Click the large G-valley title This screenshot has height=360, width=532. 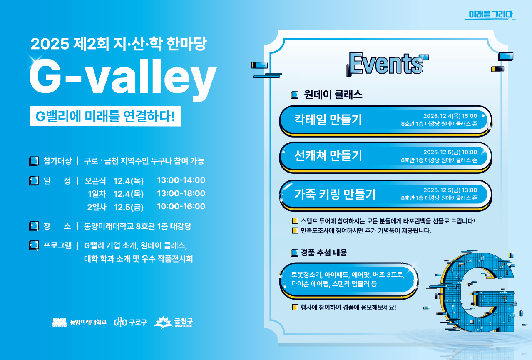coord(122,78)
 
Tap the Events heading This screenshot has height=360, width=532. coord(387,64)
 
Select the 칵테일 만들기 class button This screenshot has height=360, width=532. coord(385,120)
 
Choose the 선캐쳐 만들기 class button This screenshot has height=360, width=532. coord(385,157)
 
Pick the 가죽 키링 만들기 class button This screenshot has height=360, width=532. coord(385,195)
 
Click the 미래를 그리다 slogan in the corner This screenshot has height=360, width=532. coord(491,14)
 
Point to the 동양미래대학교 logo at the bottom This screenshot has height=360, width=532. coord(79,322)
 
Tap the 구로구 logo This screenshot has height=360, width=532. coord(130,322)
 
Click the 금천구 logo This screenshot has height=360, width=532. coord(174,322)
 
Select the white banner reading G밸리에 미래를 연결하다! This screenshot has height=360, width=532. coord(105,116)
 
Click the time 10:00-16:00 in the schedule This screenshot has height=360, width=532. coord(181,206)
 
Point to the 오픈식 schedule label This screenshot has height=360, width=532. coord(95,181)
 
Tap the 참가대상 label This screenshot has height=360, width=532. coord(57,161)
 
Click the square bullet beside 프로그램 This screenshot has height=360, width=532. coord(34,245)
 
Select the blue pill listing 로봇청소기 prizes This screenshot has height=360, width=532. coord(349,280)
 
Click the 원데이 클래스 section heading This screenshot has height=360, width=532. coord(333,95)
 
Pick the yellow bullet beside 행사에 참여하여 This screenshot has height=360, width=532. coord(295,307)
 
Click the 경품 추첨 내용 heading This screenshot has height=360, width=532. coord(324,252)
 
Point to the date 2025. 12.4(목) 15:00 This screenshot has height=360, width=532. coord(450,116)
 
